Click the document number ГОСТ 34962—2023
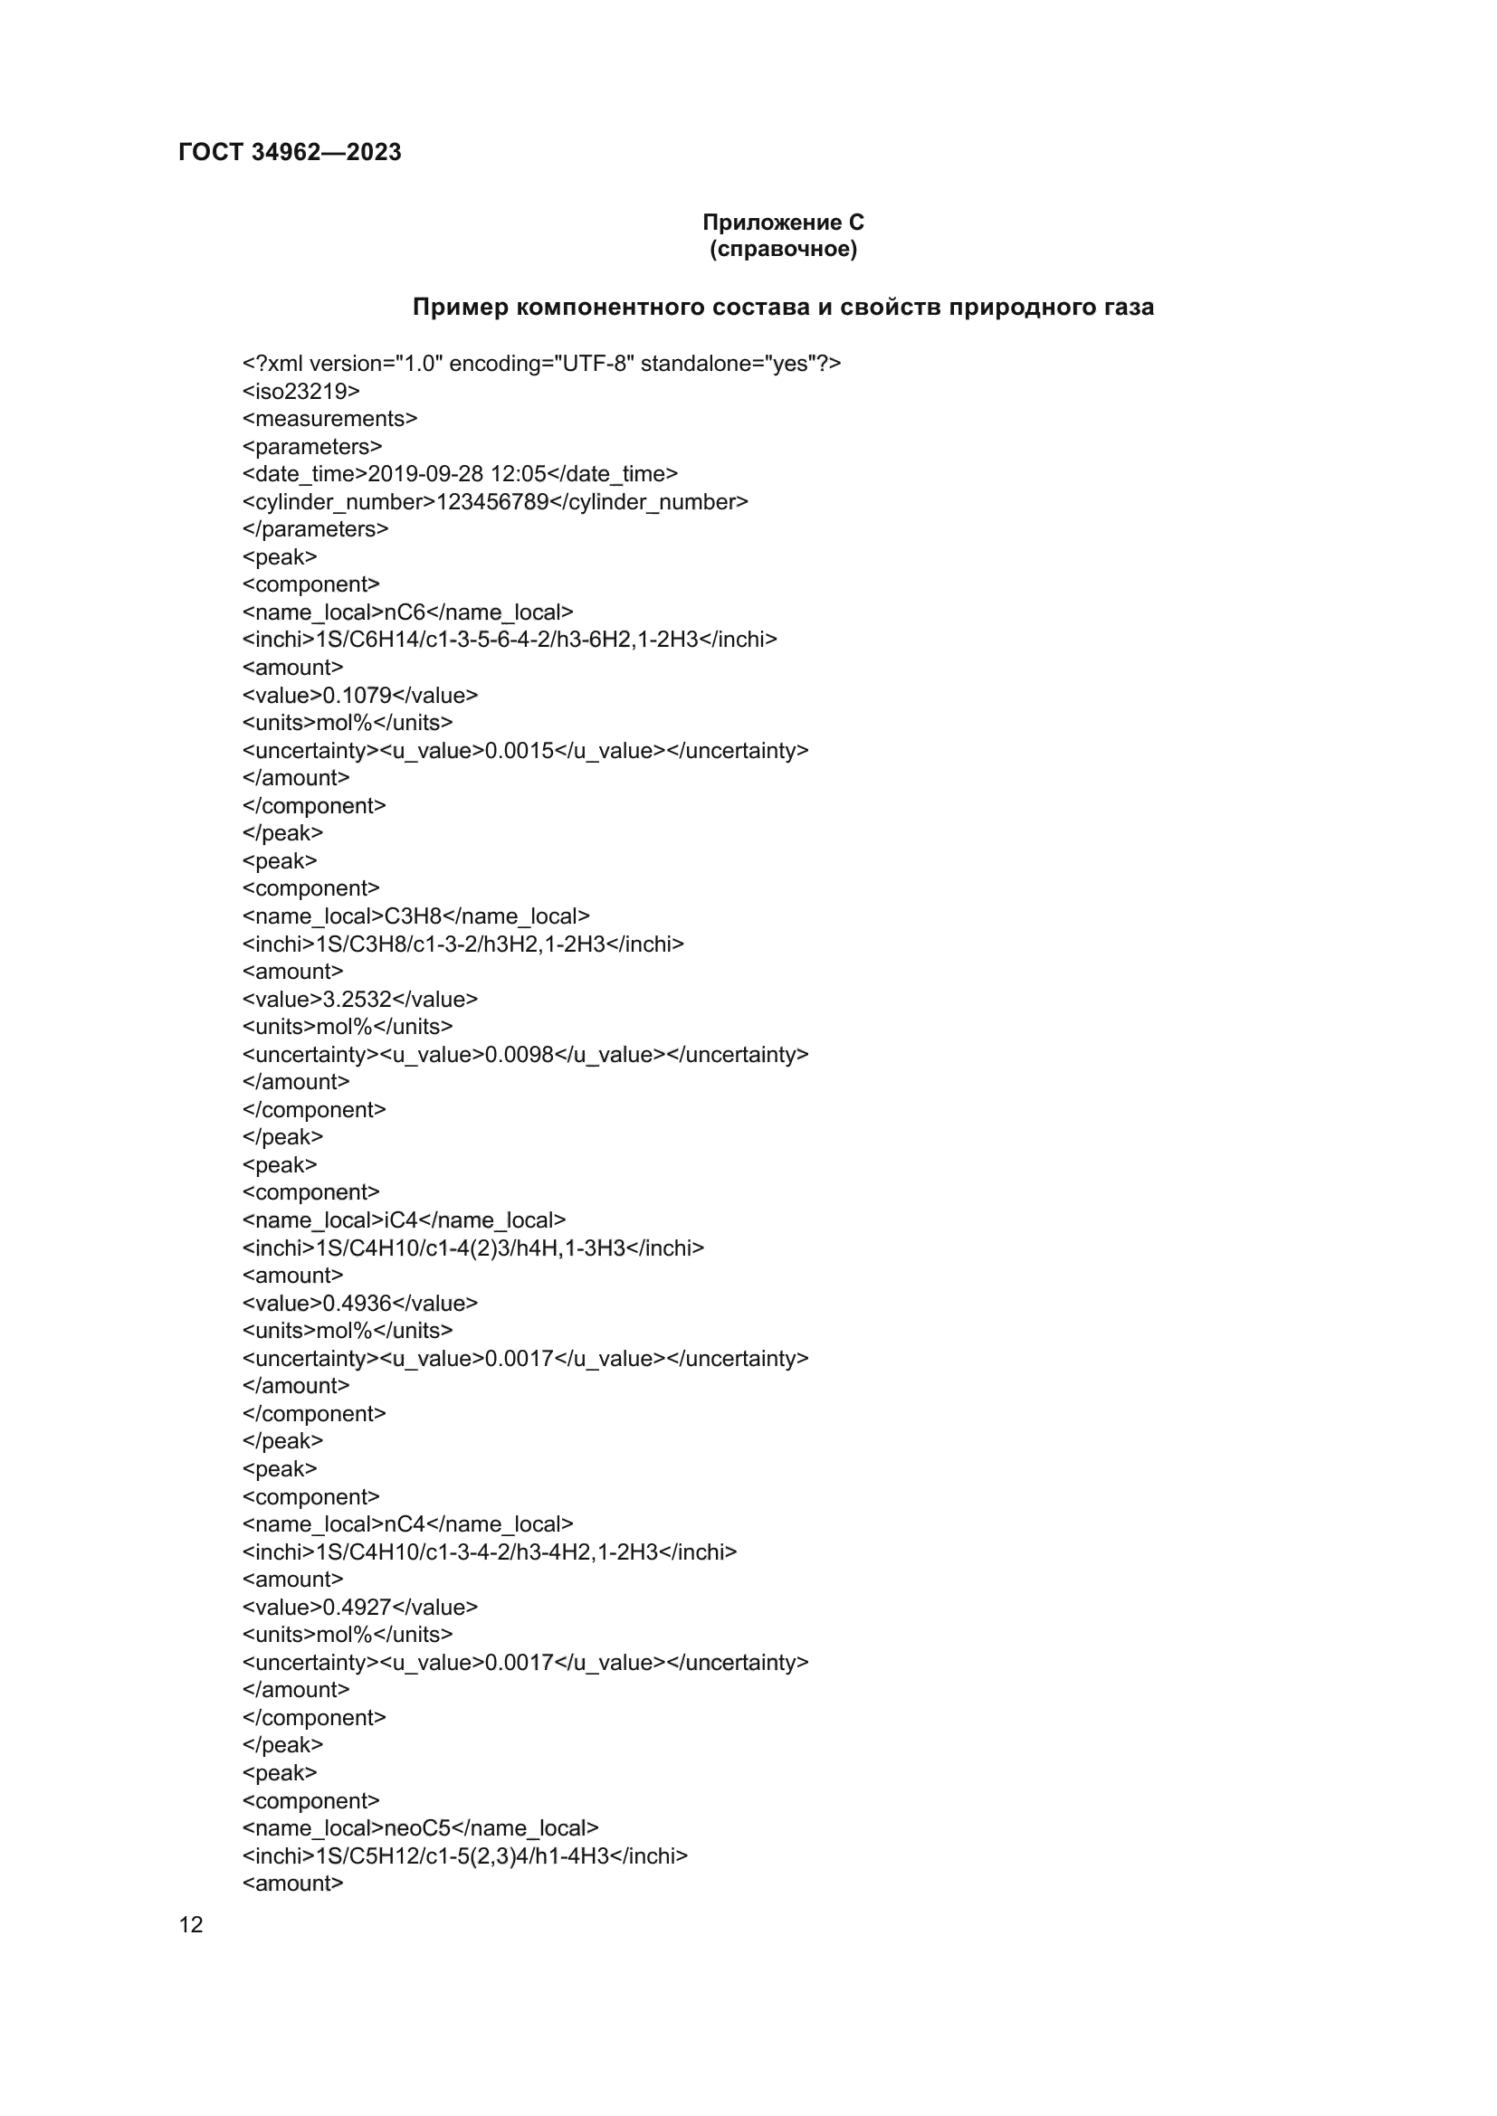(290, 152)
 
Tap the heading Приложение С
(783, 223)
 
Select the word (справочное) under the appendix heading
(783, 249)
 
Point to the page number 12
(191, 1924)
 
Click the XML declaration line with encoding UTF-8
(541, 364)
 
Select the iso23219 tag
(300, 392)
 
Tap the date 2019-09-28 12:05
(456, 474)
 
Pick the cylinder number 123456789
(492, 502)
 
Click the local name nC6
(405, 612)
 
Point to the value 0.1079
(357, 696)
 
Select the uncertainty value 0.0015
(519, 751)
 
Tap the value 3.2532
(357, 1000)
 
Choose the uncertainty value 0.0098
(519, 1055)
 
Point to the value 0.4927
(357, 1608)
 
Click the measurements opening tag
(329, 420)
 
